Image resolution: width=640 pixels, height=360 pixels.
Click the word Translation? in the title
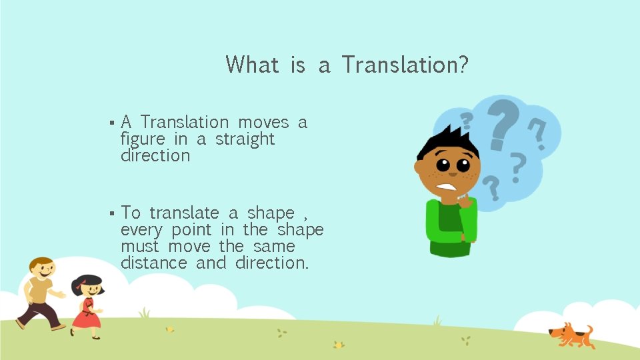click(405, 65)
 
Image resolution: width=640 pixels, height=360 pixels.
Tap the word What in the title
click(252, 65)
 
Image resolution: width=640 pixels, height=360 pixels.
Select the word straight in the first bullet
click(245, 139)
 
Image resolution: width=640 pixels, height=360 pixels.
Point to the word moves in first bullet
click(263, 123)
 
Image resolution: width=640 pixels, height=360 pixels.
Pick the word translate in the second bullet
click(184, 213)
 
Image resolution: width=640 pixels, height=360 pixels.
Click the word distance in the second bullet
click(153, 263)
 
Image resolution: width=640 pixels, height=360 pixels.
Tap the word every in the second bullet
click(141, 231)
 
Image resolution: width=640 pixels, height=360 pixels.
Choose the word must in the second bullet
click(140, 247)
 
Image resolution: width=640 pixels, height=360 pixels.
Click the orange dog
click(571, 334)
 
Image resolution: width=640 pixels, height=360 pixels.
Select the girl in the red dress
click(87, 307)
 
